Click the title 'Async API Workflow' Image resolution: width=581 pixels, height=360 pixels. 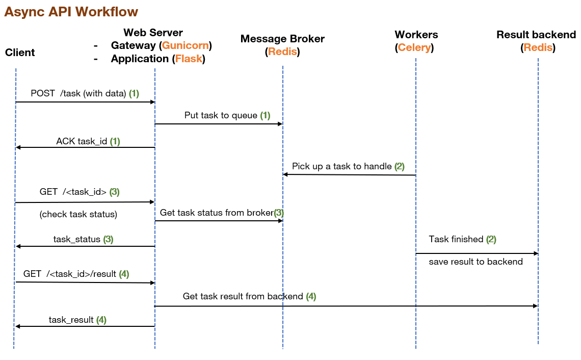click(71, 12)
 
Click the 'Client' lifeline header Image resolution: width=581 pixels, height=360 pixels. click(20, 53)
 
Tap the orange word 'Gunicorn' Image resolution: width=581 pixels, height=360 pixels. click(185, 45)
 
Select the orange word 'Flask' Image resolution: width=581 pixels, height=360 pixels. click(189, 59)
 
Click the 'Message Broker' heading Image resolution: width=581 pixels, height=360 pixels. click(282, 39)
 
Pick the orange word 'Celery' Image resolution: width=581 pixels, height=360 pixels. click(415, 48)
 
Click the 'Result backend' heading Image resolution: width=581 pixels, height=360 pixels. click(536, 35)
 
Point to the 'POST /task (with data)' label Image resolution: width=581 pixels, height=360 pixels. click(78, 93)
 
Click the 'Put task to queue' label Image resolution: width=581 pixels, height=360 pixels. click(222, 116)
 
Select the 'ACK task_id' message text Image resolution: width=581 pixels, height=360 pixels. click(82, 141)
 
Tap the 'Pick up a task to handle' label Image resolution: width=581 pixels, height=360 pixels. click(342, 166)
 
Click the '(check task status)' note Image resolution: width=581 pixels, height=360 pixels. click(78, 214)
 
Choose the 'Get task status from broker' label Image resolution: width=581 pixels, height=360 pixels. click(217, 213)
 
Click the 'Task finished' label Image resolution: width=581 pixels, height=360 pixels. click(456, 239)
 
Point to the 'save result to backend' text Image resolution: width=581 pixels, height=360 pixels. click(476, 262)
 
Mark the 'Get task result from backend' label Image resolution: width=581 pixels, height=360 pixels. click(243, 296)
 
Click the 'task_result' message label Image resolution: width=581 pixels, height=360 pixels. click(71, 320)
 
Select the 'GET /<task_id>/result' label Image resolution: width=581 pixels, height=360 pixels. click(70, 274)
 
